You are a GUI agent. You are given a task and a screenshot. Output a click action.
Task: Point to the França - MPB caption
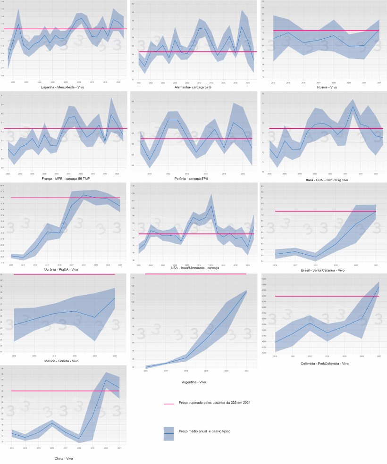(x=64, y=179)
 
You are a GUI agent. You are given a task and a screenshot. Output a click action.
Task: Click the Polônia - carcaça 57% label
(x=193, y=179)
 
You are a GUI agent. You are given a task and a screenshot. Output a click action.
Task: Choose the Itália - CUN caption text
(x=322, y=179)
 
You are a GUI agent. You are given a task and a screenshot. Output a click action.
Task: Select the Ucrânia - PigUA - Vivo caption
(x=64, y=269)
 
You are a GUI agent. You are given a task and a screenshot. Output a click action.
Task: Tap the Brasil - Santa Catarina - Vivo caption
(x=322, y=270)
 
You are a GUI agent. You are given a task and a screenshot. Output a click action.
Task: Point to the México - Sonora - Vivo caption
(x=64, y=361)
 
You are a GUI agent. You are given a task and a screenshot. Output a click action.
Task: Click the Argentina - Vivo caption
(x=193, y=381)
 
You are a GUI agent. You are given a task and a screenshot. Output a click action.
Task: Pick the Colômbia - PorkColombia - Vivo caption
(x=323, y=364)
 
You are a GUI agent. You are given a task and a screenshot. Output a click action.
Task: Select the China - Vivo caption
(x=64, y=458)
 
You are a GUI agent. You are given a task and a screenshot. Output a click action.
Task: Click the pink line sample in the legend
(x=169, y=404)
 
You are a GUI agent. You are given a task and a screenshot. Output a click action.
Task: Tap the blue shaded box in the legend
(x=169, y=433)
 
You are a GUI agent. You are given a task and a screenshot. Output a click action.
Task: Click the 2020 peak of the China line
(x=106, y=380)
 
